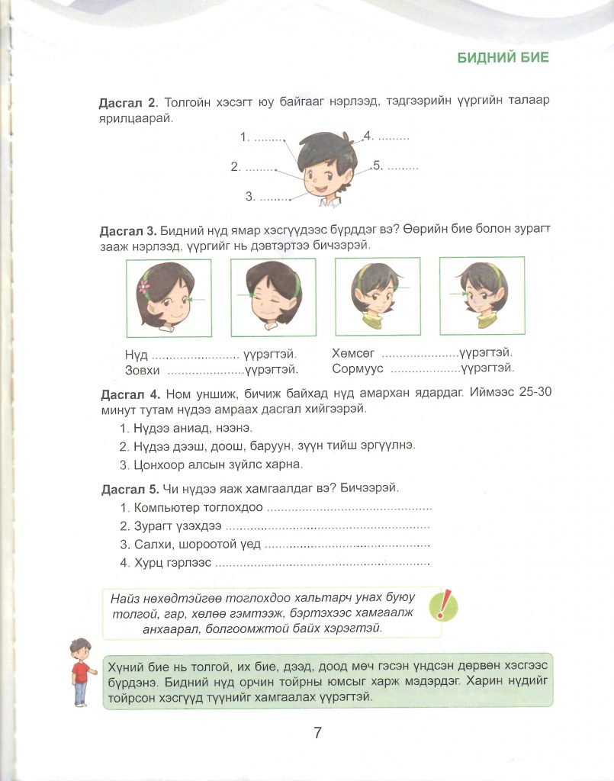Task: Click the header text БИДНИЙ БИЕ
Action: [x=502, y=58]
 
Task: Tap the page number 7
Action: [x=317, y=733]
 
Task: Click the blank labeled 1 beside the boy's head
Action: [x=268, y=138]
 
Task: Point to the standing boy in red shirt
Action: [x=79, y=672]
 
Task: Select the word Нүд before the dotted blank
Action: [x=136, y=355]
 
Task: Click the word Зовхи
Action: [x=142, y=370]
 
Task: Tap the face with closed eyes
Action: [x=263, y=297]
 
